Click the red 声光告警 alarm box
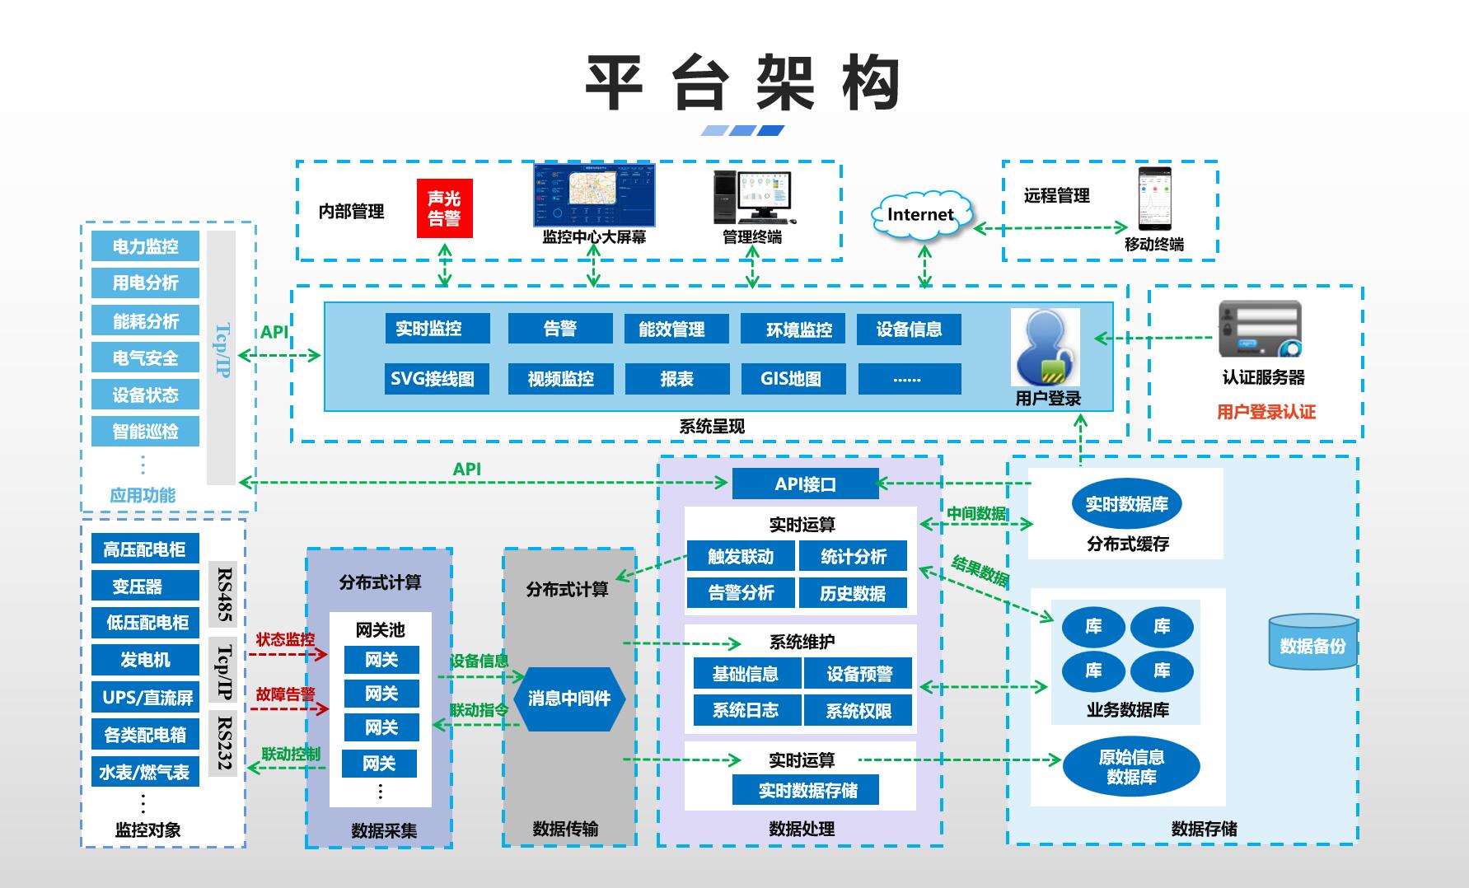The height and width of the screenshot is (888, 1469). coord(444,208)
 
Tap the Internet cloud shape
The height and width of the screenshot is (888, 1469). coord(920,215)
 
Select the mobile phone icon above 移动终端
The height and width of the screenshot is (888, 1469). coord(1154,199)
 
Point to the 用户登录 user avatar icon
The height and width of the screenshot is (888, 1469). coord(1046,348)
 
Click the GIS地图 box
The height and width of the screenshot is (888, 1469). coord(793,379)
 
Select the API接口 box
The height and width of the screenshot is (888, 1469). coord(805,484)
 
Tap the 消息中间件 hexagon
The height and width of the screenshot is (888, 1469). coord(569,699)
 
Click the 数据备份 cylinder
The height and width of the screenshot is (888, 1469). coord(1312,642)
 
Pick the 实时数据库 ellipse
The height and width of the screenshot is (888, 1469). coord(1126,504)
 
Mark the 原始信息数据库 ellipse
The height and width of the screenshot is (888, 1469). coord(1130,767)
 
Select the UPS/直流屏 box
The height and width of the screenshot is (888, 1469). coord(145,698)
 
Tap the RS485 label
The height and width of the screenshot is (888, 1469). coord(223,594)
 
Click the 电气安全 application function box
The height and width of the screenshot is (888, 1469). coord(145,358)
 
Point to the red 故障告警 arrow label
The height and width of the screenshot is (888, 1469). coord(285,694)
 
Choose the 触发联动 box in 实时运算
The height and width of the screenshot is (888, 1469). coord(740,557)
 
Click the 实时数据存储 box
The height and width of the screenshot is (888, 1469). coord(806,791)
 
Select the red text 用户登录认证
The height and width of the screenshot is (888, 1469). coord(1265,412)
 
